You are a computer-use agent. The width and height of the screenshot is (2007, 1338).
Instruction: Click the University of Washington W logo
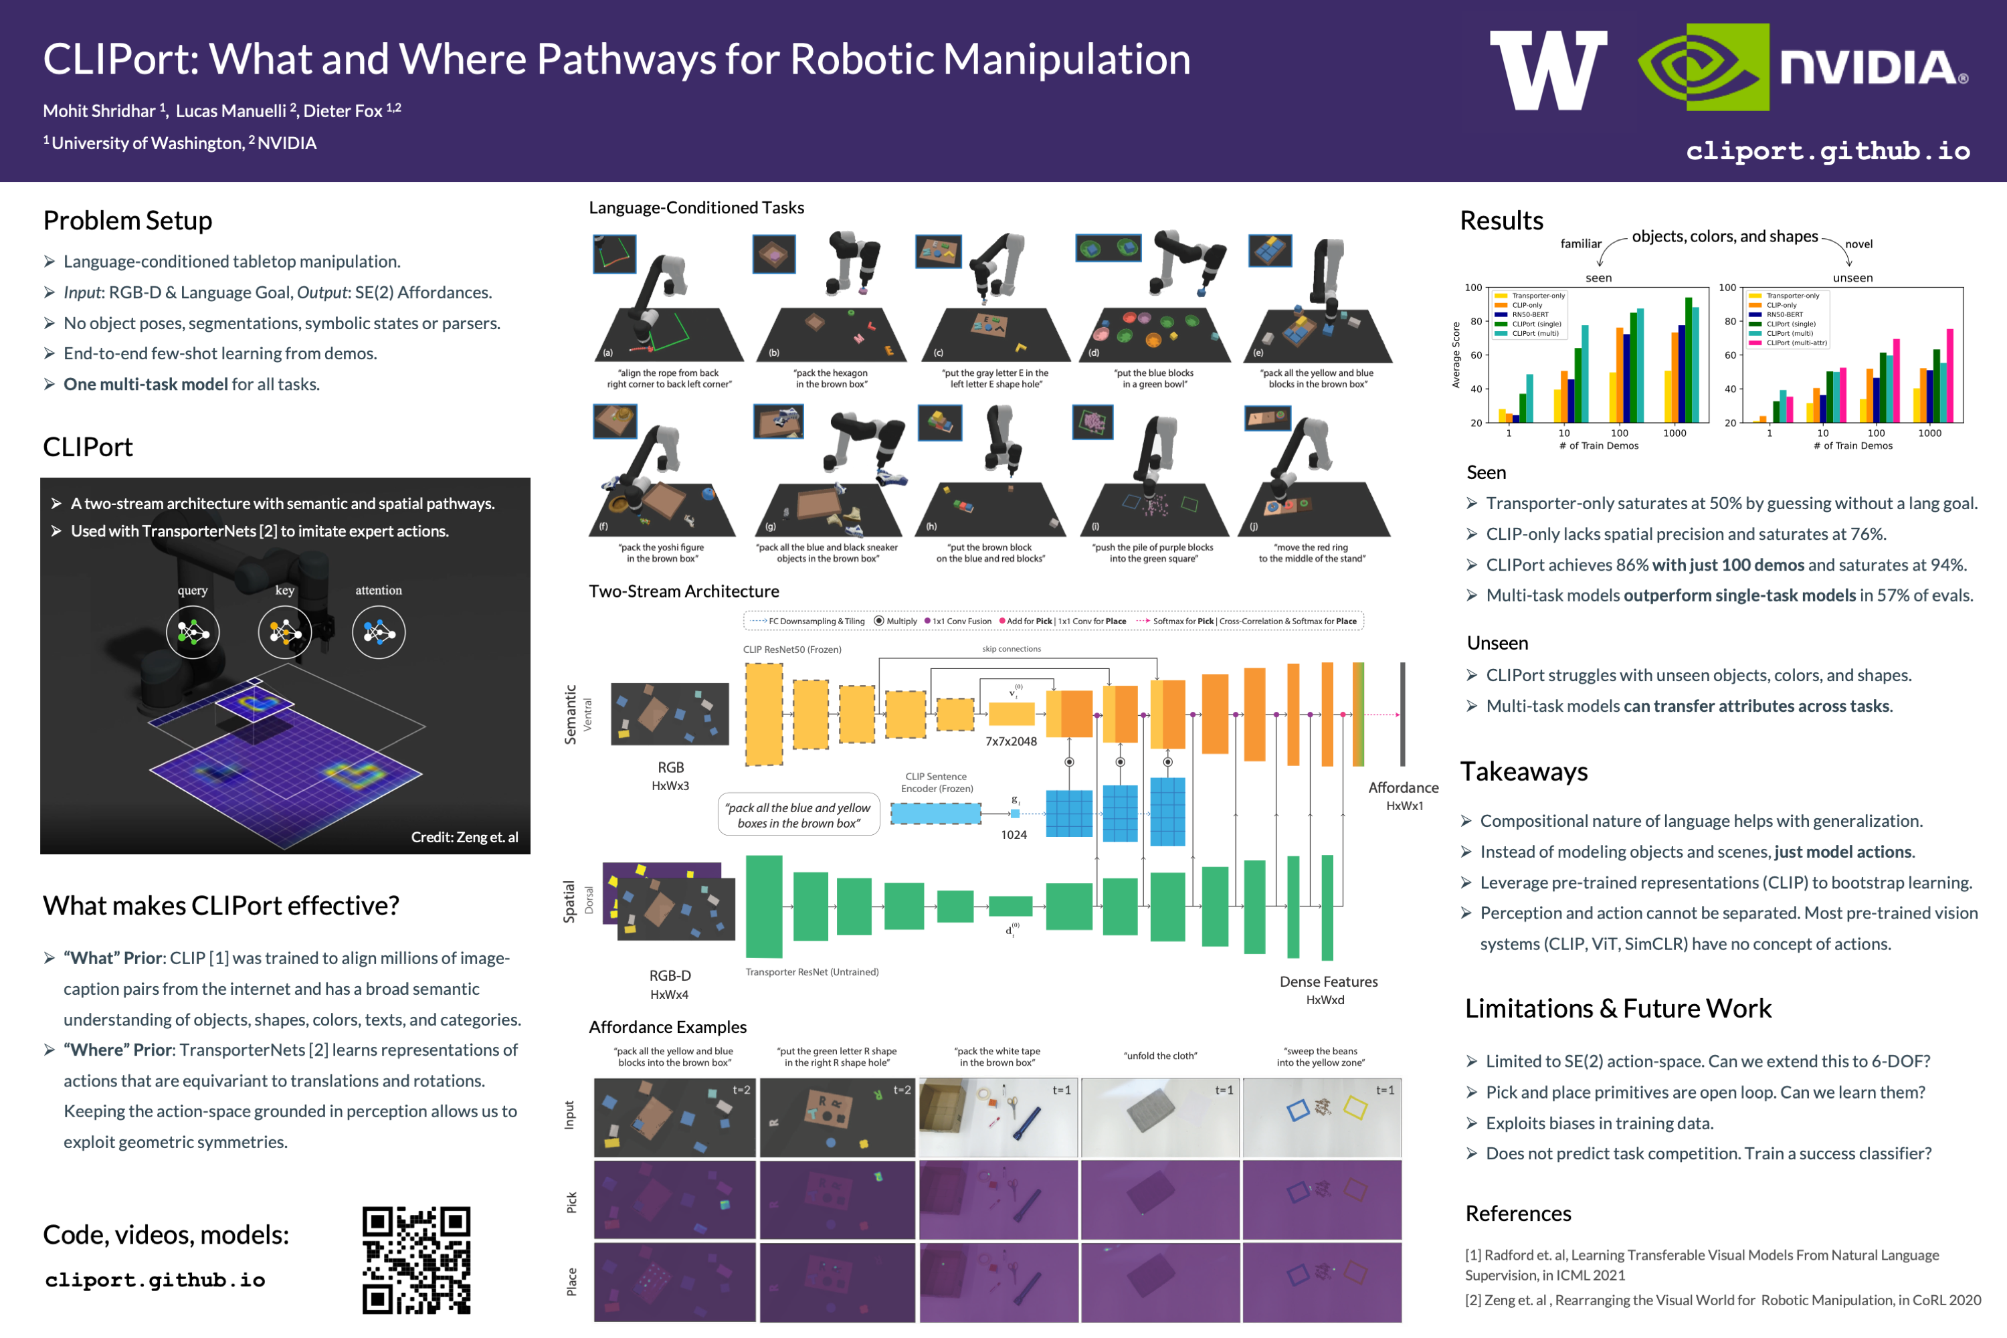pos(1548,70)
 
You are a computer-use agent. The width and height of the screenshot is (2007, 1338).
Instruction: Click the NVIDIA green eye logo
pos(1703,68)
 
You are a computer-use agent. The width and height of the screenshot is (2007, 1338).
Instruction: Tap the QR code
pos(416,1260)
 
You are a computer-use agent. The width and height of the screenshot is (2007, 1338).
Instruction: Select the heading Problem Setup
pos(128,221)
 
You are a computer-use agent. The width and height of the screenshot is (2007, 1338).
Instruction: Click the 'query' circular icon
pos(193,632)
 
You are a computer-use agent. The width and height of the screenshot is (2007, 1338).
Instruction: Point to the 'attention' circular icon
pos(379,632)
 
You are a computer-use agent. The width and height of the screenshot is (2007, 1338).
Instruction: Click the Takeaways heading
pos(1523,771)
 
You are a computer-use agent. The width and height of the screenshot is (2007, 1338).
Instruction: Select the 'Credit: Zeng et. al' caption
pos(464,837)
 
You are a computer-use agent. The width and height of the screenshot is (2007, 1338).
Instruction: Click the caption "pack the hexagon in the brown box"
pos(831,379)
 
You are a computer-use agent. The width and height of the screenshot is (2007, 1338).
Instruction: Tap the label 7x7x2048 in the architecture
pos(1011,741)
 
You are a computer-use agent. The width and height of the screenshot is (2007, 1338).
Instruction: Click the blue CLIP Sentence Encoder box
pos(935,814)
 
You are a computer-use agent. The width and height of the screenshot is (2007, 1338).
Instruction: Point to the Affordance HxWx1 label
pos(1404,795)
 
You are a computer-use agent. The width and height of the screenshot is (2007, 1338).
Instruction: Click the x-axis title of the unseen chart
pos(1852,446)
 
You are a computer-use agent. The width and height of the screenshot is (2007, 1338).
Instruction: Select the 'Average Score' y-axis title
pos(1456,355)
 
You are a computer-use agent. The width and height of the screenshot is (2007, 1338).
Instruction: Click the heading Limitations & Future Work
pos(1618,1009)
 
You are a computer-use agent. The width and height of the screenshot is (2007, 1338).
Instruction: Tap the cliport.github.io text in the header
pos(1828,151)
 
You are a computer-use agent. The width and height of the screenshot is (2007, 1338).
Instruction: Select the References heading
pos(1518,1214)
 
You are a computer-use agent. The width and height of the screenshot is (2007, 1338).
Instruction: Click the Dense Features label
pos(1329,982)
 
